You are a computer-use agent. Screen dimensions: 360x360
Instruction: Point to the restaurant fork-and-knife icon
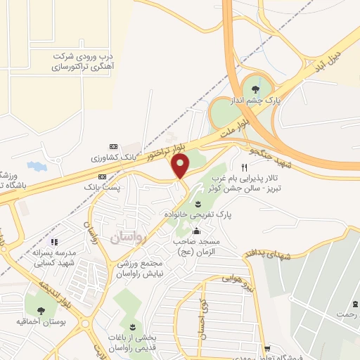(244, 167)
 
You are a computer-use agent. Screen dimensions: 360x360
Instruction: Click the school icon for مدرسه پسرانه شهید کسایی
(54, 243)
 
